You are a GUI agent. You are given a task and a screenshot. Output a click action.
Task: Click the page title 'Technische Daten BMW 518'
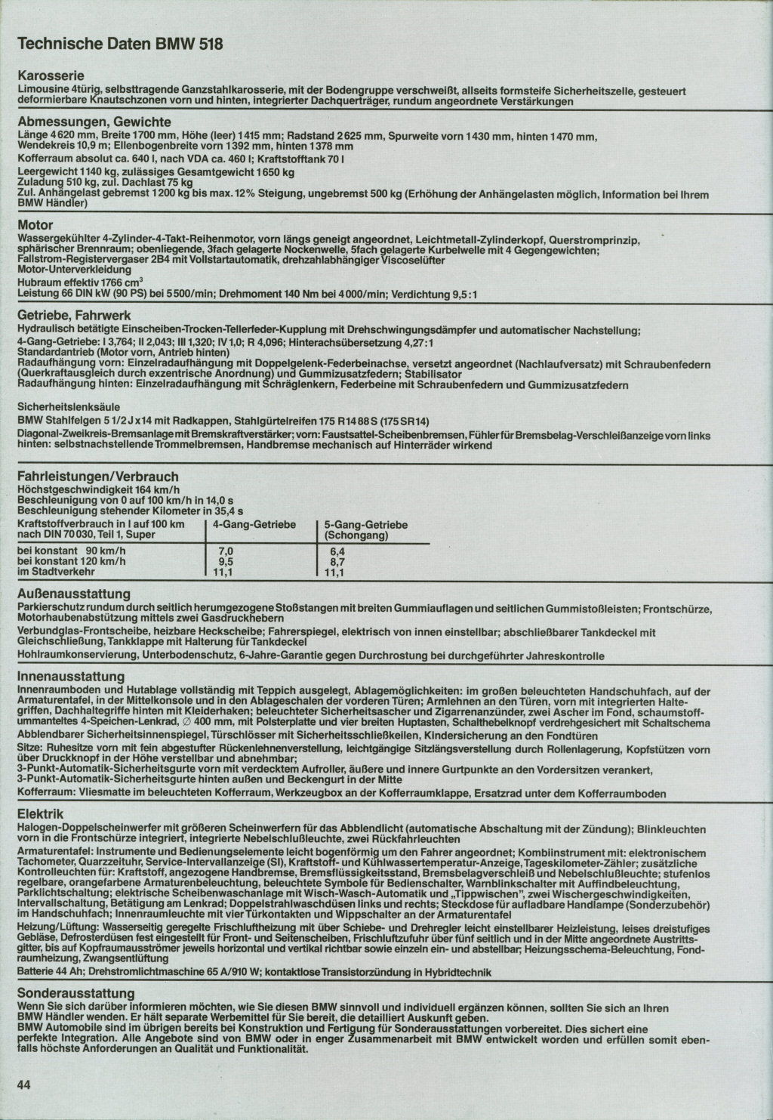point(120,45)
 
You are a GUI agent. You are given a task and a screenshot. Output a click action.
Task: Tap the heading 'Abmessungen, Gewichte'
point(94,122)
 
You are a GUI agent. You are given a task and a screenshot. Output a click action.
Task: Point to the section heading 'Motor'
point(35,225)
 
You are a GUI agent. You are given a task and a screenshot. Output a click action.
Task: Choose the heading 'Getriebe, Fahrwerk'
point(75,315)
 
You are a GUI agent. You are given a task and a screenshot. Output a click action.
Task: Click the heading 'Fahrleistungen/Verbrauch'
point(98,476)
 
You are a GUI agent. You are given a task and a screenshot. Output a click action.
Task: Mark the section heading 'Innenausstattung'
point(71,677)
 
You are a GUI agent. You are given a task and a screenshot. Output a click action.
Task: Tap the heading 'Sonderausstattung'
point(75,993)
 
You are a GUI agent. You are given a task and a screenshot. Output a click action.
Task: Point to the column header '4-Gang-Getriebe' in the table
point(254,524)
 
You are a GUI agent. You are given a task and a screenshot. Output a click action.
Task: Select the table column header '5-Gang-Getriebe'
point(365,524)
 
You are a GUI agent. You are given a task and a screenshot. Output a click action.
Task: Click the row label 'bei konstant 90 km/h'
point(71,551)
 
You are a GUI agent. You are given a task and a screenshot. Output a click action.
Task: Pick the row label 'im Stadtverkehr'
point(57,572)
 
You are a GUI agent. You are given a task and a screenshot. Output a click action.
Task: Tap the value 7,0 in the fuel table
point(225,551)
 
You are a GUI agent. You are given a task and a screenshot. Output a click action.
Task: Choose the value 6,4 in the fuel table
point(337,551)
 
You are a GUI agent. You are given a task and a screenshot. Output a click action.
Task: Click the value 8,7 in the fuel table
point(337,562)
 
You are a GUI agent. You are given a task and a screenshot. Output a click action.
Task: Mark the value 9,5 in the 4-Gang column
point(225,562)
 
